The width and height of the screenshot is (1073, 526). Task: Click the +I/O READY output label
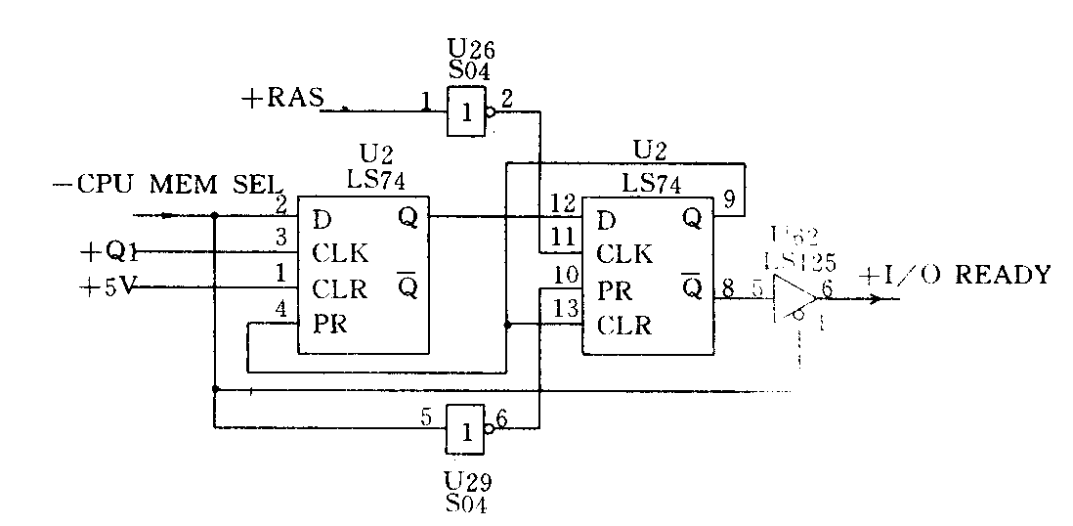955,276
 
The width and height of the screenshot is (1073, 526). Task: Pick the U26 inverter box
467,112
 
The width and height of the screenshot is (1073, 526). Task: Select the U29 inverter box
465,430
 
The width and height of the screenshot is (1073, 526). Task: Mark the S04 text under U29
465,505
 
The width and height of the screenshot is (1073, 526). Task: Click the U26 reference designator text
465,47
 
